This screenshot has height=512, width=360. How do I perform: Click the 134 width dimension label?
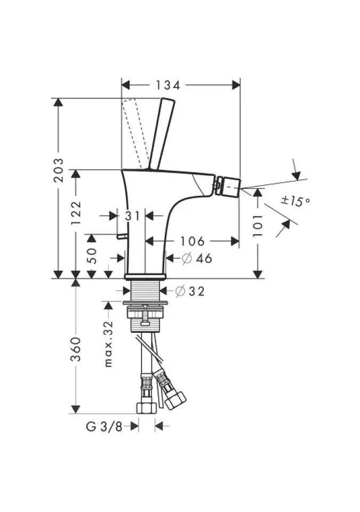pyautogui.click(x=168, y=85)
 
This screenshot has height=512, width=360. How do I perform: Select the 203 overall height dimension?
pyautogui.click(x=59, y=170)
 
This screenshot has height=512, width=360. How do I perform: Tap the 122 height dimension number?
pyautogui.click(x=76, y=213)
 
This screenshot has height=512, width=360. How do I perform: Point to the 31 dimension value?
pyautogui.click(x=132, y=216)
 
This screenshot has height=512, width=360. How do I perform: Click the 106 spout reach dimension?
pyautogui.click(x=193, y=241)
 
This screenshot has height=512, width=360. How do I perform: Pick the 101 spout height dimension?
pyautogui.click(x=258, y=226)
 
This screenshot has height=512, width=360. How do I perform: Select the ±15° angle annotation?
pyautogui.click(x=295, y=201)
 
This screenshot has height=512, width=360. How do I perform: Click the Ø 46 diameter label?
pyautogui.click(x=197, y=258)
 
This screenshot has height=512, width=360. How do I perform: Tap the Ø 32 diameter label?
pyautogui.click(x=190, y=291)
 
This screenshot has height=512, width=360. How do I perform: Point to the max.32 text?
pyautogui.click(x=109, y=344)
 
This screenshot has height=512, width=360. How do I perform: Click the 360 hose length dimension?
pyautogui.click(x=76, y=349)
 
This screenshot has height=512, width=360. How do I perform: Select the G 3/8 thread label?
pyautogui.click(x=104, y=427)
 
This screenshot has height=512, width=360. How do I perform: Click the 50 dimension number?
pyautogui.click(x=92, y=255)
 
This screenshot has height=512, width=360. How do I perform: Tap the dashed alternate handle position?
pyautogui.click(x=133, y=133)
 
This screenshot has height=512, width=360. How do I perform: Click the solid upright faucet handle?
pyautogui.click(x=161, y=133)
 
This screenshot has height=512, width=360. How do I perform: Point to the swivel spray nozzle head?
pyautogui.click(x=228, y=186)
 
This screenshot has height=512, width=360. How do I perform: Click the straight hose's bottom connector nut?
pyautogui.click(x=146, y=408)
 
